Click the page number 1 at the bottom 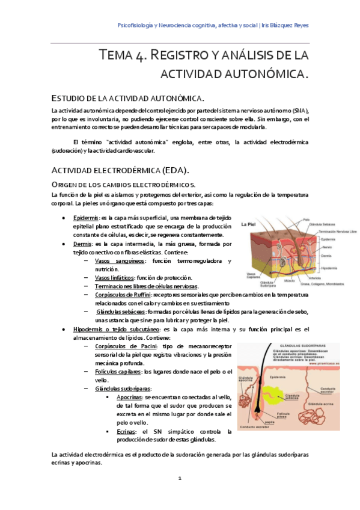point(179,478)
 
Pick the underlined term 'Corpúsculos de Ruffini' point(120,295)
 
